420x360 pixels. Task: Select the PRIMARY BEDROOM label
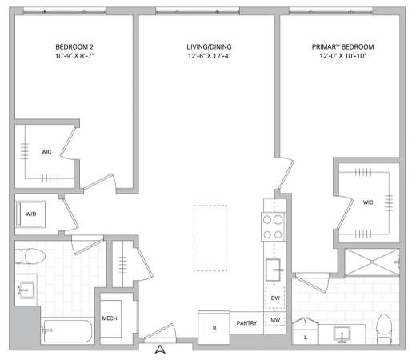coord(342,47)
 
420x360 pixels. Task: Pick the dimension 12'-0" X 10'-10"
coord(342,58)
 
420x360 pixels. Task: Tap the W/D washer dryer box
coord(30,214)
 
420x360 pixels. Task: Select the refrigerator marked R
coord(214,328)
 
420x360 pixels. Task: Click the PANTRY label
coord(246,323)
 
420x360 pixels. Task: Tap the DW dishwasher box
coord(274,298)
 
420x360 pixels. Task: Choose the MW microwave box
coord(274,321)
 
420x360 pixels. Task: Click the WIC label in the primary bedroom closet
coord(367,202)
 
